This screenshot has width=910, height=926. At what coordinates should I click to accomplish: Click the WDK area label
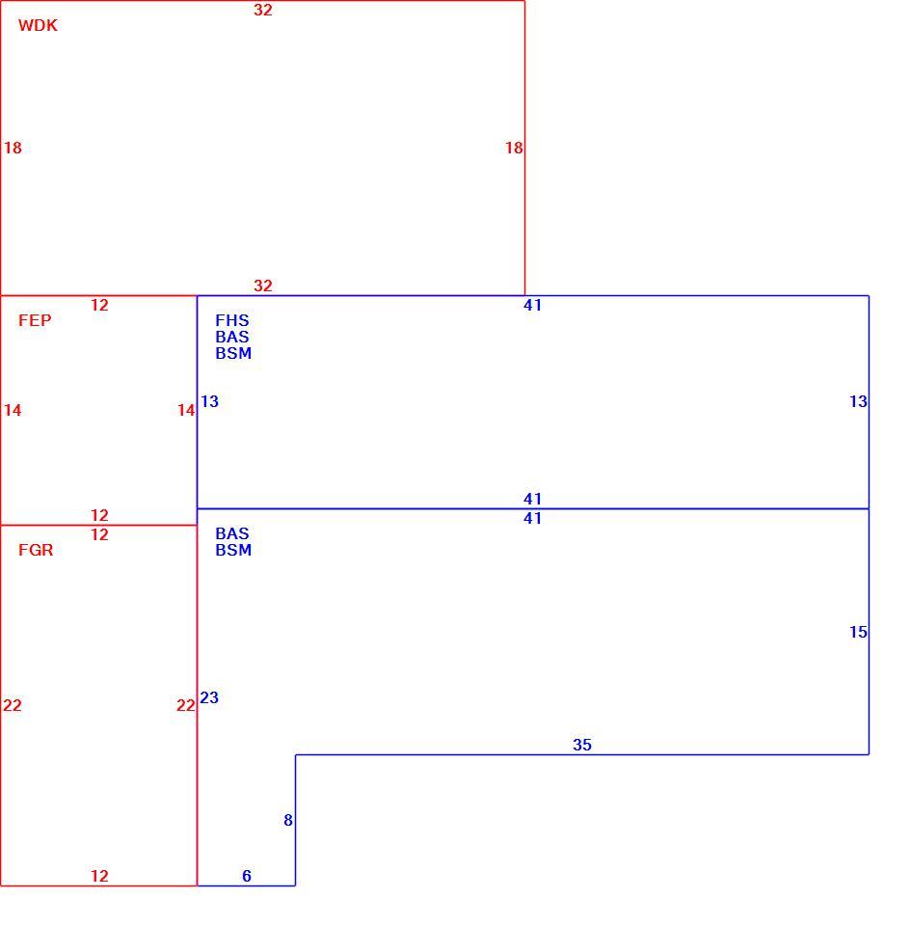point(38,25)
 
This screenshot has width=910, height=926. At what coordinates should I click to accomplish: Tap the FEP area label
point(35,320)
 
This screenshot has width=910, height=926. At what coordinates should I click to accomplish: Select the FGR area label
point(36,550)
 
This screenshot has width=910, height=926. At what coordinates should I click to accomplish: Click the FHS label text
point(232,320)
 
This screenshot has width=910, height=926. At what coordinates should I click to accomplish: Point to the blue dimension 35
point(582,745)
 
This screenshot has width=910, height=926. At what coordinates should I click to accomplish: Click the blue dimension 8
point(288,820)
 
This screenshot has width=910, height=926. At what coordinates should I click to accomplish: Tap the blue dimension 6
point(247,876)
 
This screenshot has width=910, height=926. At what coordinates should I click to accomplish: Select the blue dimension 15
point(858,632)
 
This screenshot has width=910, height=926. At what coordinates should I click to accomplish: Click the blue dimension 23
point(209,697)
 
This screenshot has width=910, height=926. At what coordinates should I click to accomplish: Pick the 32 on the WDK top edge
point(263,10)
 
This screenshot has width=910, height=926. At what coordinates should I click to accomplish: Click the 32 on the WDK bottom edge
point(263,286)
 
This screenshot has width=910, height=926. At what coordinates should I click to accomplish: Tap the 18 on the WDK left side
point(13,148)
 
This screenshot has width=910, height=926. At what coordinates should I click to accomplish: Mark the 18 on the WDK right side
point(514,148)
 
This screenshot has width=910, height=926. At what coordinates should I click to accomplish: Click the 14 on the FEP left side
point(13,410)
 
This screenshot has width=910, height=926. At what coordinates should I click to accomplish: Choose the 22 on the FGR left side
point(13,705)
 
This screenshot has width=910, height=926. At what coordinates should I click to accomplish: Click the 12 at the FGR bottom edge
point(99,876)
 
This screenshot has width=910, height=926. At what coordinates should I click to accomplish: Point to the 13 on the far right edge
point(858,401)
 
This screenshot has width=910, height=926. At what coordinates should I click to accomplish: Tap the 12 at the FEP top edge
point(99,306)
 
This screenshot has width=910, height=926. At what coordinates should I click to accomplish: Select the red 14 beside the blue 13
point(186,410)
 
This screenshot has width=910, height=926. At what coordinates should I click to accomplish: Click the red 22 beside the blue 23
point(186,705)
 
